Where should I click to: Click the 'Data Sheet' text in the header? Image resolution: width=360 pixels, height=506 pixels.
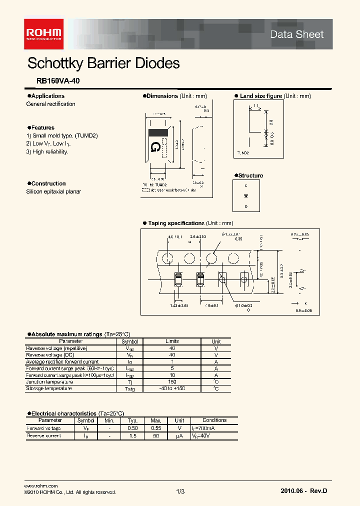pyautogui.click(x=296, y=34)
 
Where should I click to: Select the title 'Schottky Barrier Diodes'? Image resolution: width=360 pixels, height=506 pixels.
pyautogui.click(x=103, y=63)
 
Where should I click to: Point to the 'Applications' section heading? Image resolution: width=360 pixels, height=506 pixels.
pyautogui.click(x=47, y=96)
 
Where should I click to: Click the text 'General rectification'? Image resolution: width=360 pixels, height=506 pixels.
pyautogui.click(x=50, y=104)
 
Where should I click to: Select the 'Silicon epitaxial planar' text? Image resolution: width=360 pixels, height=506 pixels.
pyautogui.click(x=53, y=191)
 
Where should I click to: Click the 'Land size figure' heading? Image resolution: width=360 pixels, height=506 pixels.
pyautogui.click(x=261, y=96)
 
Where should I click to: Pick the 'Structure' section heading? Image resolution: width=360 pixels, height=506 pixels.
pyautogui.click(x=250, y=175)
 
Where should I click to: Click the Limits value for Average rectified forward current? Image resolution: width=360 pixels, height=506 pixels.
pyautogui.click(x=171, y=361)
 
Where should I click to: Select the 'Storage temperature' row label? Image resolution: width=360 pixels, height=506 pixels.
pyautogui.click(x=48, y=388)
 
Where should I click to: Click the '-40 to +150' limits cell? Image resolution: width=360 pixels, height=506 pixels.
pyautogui.click(x=171, y=388)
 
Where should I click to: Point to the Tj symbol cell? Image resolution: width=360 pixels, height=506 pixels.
pyautogui.click(x=129, y=381)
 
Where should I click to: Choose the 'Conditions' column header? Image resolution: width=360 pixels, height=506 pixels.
pyautogui.click(x=214, y=420)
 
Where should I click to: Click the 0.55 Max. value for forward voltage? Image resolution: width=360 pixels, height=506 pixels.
pyautogui.click(x=155, y=428)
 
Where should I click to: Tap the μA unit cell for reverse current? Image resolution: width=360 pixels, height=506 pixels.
pyautogui.click(x=179, y=436)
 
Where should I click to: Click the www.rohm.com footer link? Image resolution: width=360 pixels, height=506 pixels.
pyautogui.click(x=41, y=485)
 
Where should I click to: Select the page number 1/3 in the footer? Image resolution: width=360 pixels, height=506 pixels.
pyautogui.click(x=180, y=492)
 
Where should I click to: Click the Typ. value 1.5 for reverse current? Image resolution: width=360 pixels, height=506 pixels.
pyautogui.click(x=132, y=436)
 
